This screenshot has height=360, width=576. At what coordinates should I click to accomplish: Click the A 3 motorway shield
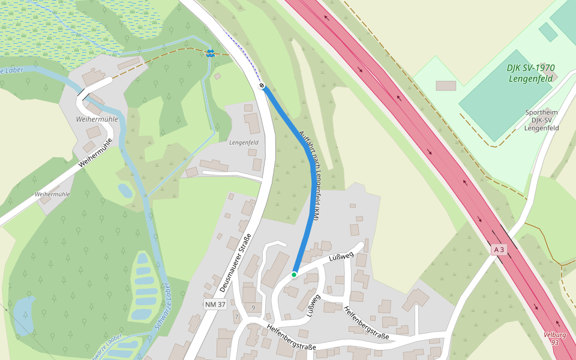point(499,249)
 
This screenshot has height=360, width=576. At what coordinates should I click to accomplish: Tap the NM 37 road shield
point(215,305)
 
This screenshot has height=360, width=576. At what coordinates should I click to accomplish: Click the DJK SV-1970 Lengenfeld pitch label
point(531,73)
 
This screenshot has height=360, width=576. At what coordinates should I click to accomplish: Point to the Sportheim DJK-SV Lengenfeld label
point(542,120)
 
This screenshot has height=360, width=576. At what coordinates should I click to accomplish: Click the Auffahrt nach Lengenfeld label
point(310,174)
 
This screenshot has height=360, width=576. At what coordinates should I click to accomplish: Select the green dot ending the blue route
point(294,274)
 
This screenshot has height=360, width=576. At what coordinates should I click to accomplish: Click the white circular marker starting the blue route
point(262,86)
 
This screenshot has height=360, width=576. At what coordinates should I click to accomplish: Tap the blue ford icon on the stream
point(210,53)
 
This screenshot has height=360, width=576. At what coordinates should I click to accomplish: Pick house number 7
point(237,316)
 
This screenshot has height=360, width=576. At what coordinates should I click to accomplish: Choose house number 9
point(254,308)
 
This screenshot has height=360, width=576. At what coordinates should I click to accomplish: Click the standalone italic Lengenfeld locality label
point(244,142)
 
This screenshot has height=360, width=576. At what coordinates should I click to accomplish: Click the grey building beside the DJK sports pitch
point(445,86)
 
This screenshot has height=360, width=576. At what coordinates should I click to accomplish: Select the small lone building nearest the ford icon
point(217,76)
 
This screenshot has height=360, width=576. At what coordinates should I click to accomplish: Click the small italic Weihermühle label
point(52,194)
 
